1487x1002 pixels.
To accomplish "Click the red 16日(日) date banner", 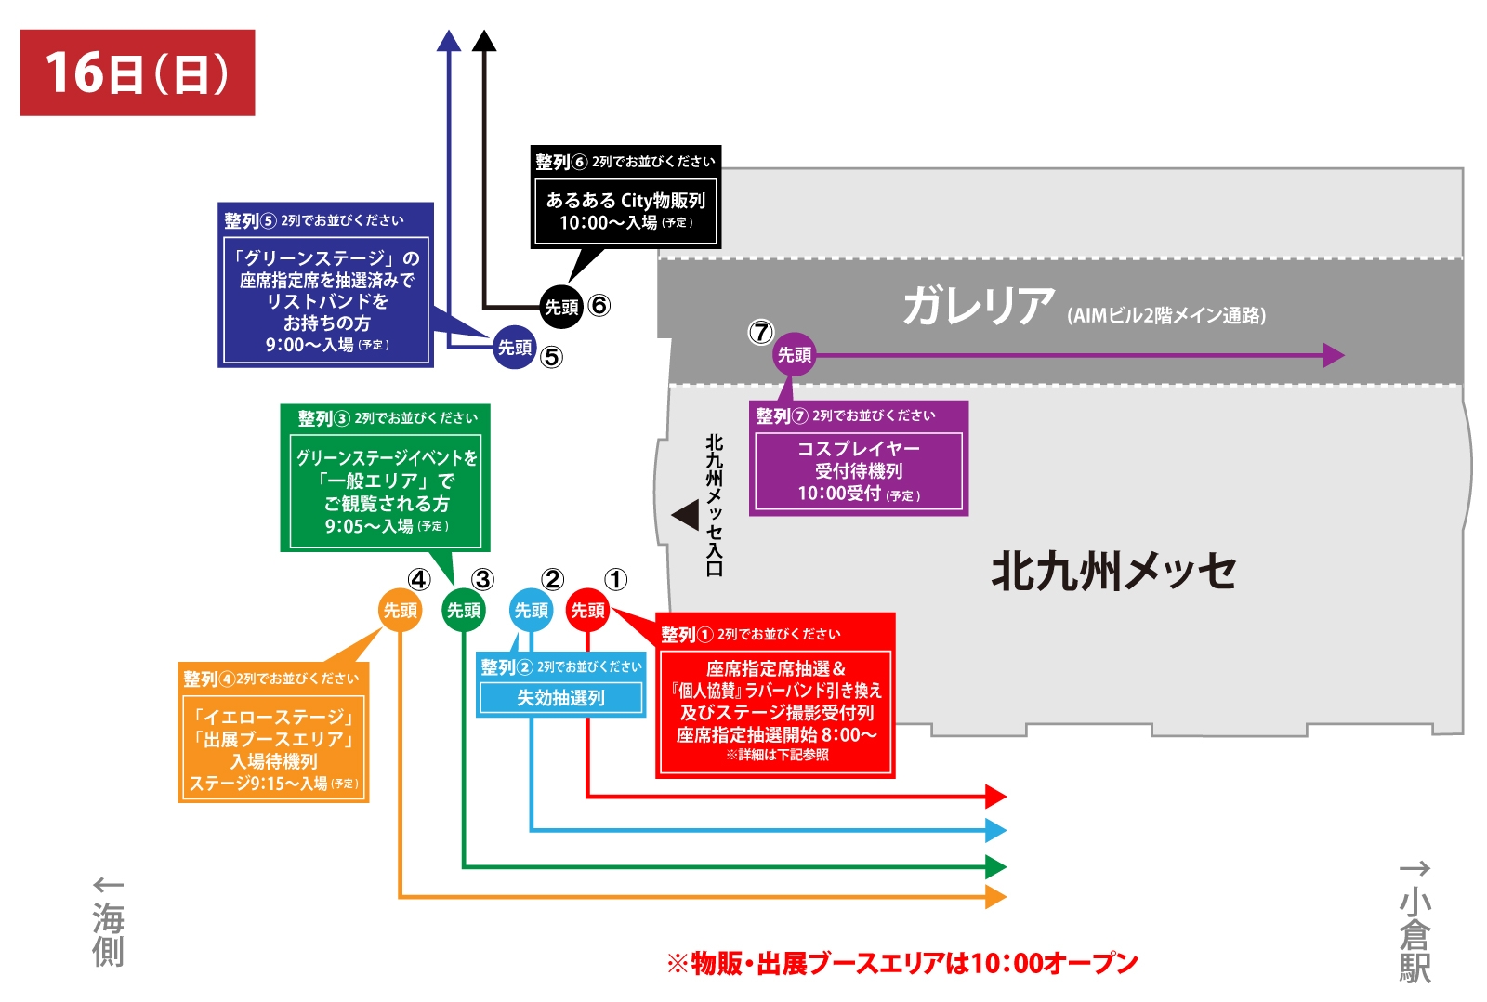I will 138,73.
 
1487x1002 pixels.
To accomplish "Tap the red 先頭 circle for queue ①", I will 587,611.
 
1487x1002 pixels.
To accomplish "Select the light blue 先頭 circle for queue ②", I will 532,611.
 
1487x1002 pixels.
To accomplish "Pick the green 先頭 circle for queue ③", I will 464,611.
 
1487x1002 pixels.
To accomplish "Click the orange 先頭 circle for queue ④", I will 401,611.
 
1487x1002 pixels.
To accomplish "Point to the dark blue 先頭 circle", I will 515,348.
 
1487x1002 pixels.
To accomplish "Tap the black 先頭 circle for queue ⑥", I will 561,307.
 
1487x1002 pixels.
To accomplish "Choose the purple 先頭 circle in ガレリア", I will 795,354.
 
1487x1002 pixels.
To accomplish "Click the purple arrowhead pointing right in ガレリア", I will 1334,355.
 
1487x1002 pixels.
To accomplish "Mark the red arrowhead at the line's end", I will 995,797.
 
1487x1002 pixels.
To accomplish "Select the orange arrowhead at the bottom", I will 995,897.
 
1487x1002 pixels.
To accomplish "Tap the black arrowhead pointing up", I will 484,41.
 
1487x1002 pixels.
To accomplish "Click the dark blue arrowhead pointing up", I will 449,41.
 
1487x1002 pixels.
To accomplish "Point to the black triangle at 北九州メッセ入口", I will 686,515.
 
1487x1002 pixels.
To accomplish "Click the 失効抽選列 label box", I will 561,698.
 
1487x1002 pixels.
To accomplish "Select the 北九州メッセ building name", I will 1113,571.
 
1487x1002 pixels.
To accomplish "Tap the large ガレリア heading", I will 979,306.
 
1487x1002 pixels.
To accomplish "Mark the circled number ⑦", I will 761,332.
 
